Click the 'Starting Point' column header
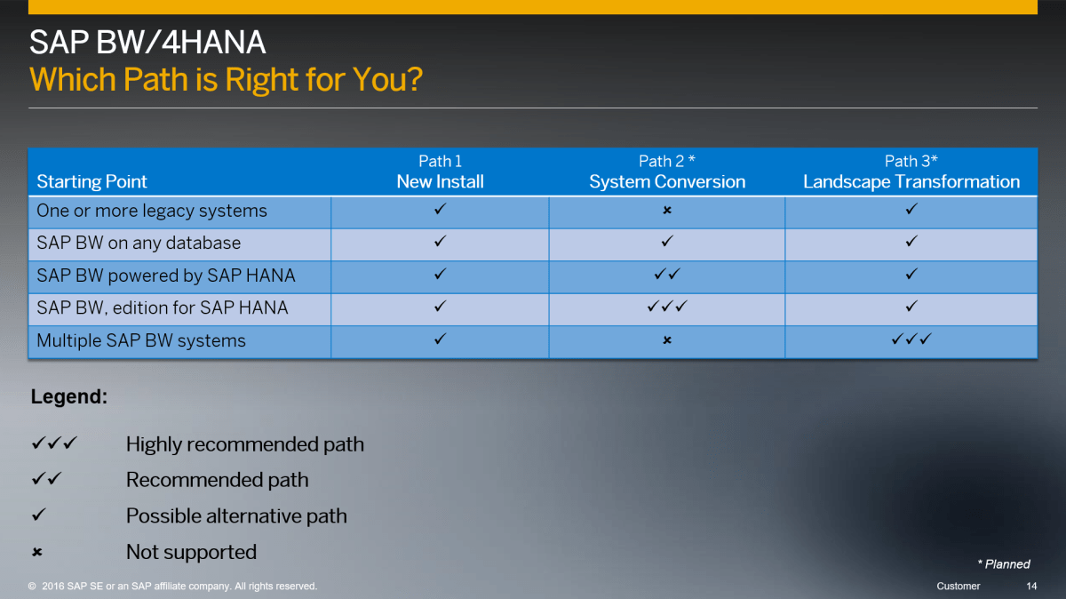[x=91, y=181]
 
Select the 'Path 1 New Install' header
[x=441, y=172]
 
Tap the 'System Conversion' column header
[x=667, y=181]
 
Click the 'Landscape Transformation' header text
[x=911, y=181]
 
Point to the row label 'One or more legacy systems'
[x=152, y=211]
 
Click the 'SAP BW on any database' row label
[x=139, y=243]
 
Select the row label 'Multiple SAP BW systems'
[x=141, y=340]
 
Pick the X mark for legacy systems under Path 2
[x=667, y=210]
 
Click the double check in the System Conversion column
[x=667, y=274]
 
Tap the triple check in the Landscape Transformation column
[x=911, y=339]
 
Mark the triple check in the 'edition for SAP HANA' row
[x=667, y=307]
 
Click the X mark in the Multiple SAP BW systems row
[x=667, y=340]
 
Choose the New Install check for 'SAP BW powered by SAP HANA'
[x=441, y=274]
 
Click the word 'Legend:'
[x=69, y=396]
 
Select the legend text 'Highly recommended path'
[x=245, y=444]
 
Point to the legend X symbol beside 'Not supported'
[x=37, y=552]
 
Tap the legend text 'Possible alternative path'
[x=236, y=516]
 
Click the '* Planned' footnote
[x=1004, y=564]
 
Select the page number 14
[x=1031, y=587]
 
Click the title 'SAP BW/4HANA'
[x=147, y=43]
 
